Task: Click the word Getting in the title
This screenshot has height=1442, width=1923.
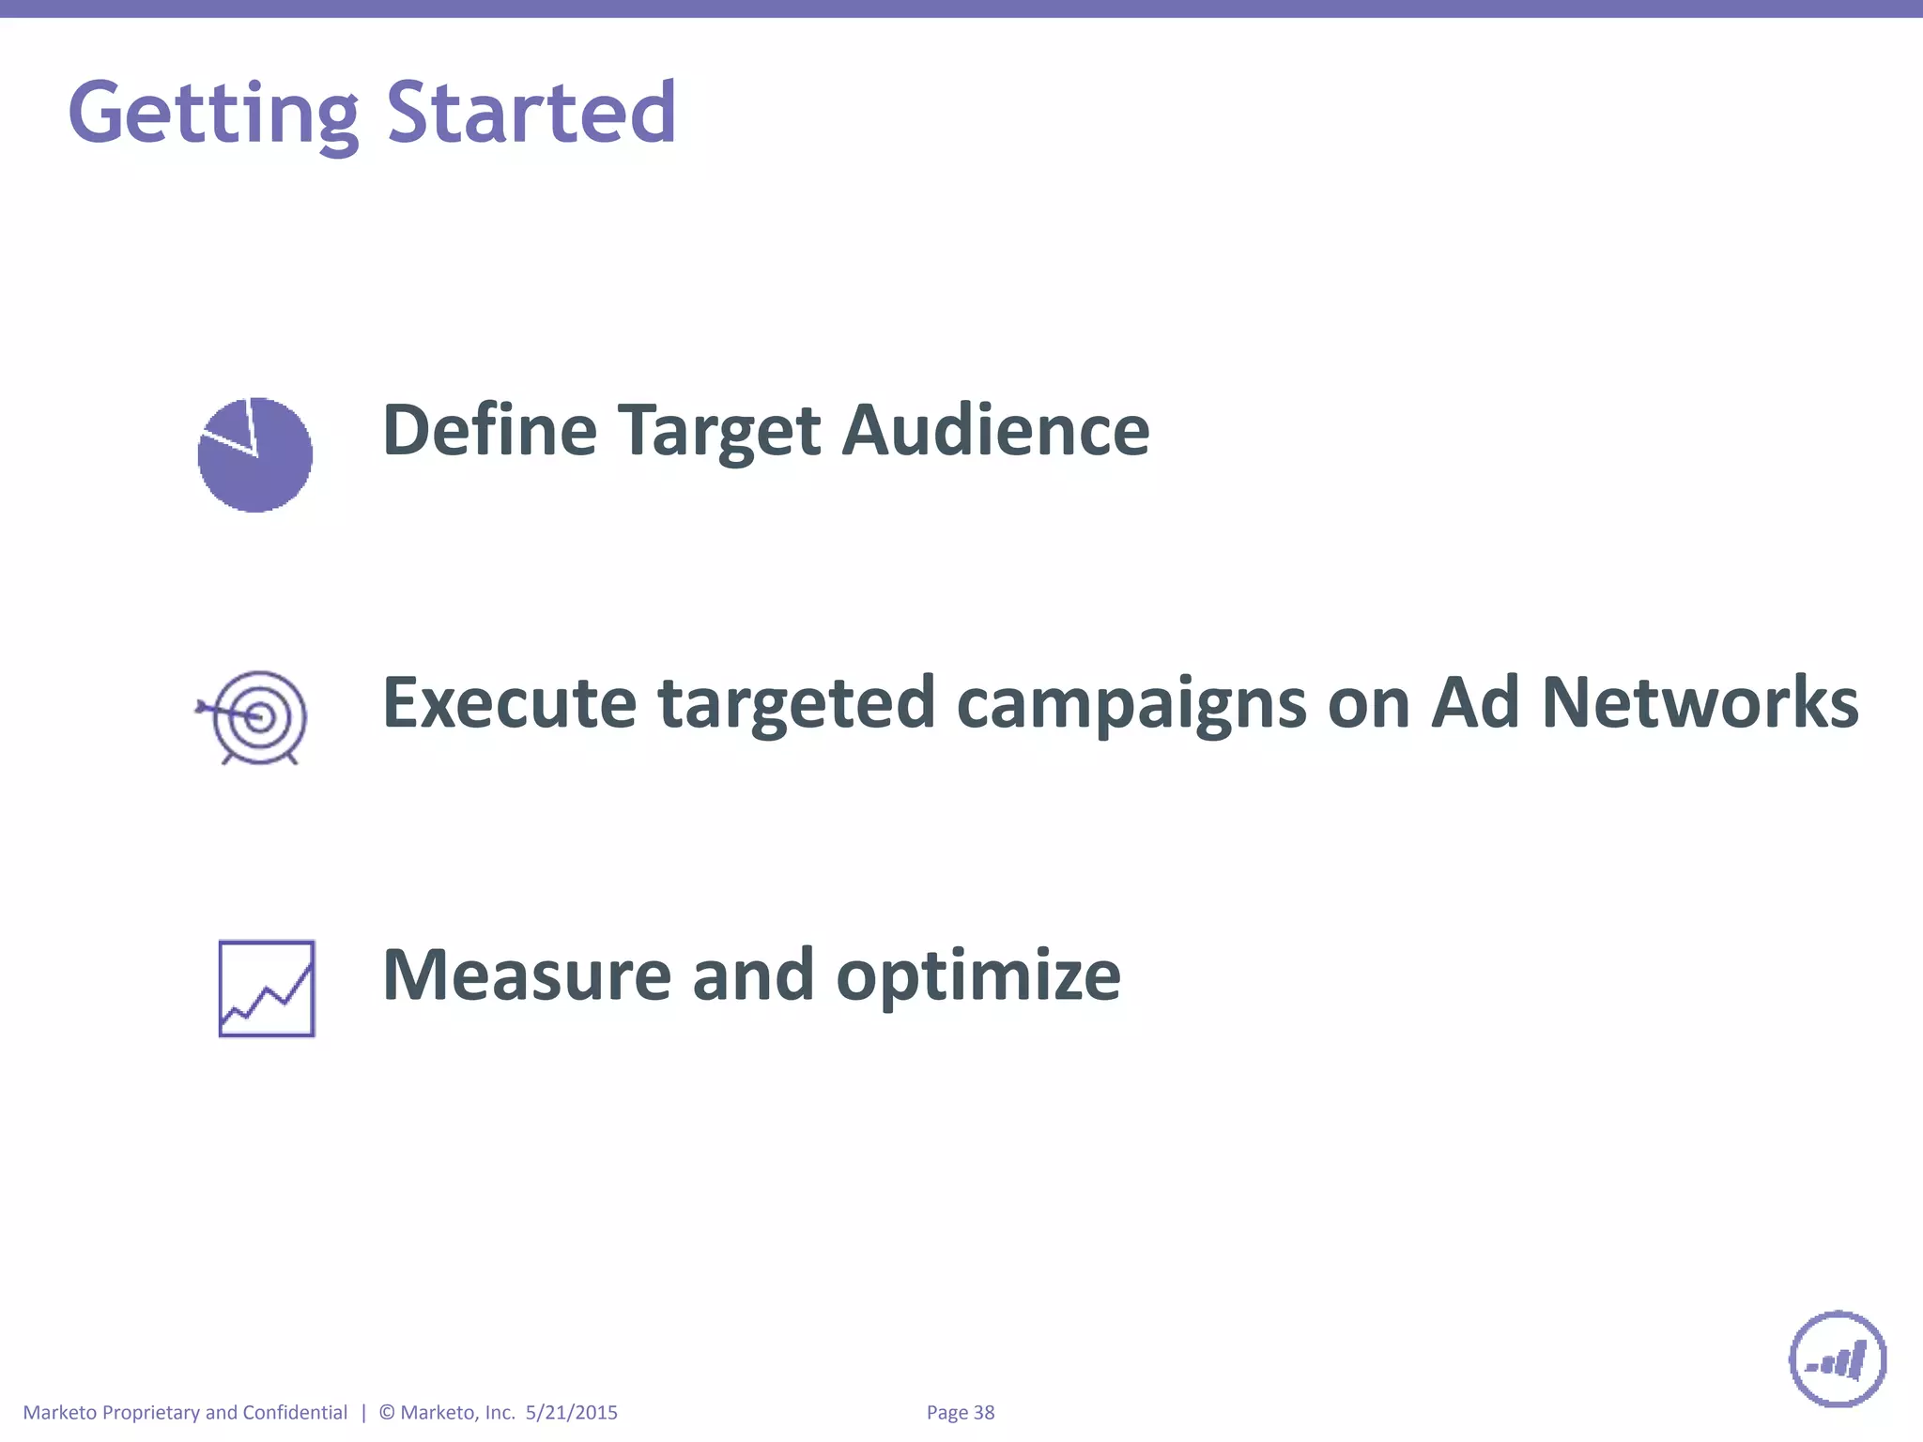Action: point(213,114)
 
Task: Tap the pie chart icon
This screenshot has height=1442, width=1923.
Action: point(255,455)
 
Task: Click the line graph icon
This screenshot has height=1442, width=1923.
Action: point(267,989)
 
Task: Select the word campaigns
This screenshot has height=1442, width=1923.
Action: point(1131,704)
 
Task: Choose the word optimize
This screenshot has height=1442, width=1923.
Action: point(977,976)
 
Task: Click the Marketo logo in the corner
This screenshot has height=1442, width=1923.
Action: point(1838,1358)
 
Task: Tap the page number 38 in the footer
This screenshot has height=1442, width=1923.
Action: point(983,1412)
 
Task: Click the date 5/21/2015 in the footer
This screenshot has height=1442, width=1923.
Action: point(571,1412)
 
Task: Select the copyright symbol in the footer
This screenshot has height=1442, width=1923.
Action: point(387,1412)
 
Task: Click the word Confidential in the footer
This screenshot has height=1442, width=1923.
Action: point(295,1412)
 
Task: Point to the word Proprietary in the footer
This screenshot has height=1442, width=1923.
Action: point(150,1413)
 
